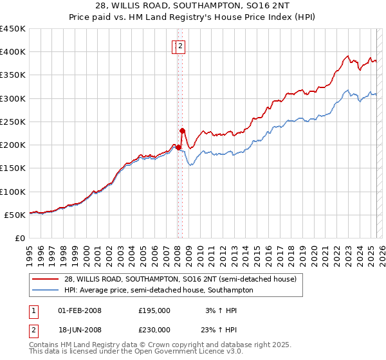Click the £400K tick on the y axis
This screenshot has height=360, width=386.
(13, 52)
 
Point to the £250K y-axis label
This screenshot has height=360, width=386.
(13, 122)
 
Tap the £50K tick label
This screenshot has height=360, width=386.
(15, 215)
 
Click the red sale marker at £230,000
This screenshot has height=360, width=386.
(183, 130)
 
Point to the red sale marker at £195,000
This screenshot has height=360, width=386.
(178, 147)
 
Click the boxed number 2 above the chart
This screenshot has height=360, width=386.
(181, 46)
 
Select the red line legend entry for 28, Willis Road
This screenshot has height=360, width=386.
(180, 279)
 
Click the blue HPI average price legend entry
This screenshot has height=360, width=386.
(158, 290)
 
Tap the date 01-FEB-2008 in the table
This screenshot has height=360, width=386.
(80, 310)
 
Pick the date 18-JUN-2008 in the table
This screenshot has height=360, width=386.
(80, 329)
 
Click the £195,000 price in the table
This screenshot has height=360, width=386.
(154, 310)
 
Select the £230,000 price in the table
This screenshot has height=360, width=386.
(154, 329)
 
